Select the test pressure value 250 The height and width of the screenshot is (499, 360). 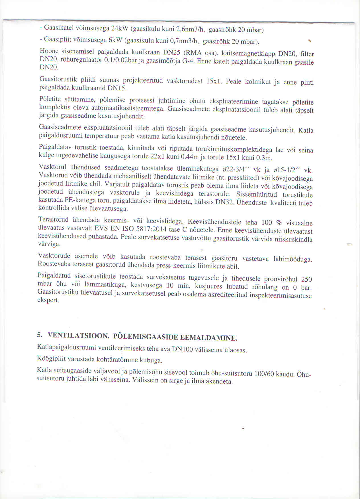click(306, 279)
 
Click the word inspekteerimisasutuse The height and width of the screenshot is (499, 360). click(281, 296)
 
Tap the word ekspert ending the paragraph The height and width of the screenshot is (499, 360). click(48, 300)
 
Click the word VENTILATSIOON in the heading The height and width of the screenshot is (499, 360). click(79, 336)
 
